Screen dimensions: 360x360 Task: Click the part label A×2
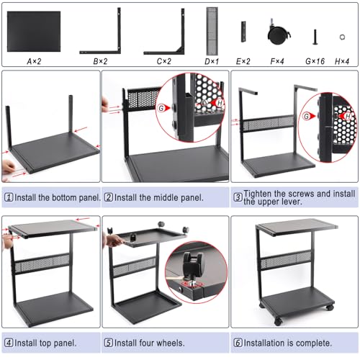point(34,61)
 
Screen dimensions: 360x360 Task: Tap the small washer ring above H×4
point(342,37)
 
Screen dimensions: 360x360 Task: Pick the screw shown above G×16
point(315,37)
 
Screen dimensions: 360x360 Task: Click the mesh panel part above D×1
point(212,31)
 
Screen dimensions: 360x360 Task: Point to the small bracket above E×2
point(243,32)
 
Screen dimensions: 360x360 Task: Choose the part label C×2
point(164,61)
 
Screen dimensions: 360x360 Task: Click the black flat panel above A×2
point(34,31)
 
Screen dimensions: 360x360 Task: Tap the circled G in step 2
point(161,108)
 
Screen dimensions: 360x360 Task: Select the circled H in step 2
point(220,103)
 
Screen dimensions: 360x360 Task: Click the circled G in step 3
point(307,117)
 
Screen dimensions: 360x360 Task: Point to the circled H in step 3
point(348,117)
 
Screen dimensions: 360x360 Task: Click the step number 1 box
point(9,197)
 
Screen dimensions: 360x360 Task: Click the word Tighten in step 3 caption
point(258,194)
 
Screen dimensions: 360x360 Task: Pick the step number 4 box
point(9,343)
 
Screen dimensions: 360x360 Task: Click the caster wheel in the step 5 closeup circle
point(192,264)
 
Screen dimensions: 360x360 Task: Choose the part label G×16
point(315,61)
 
